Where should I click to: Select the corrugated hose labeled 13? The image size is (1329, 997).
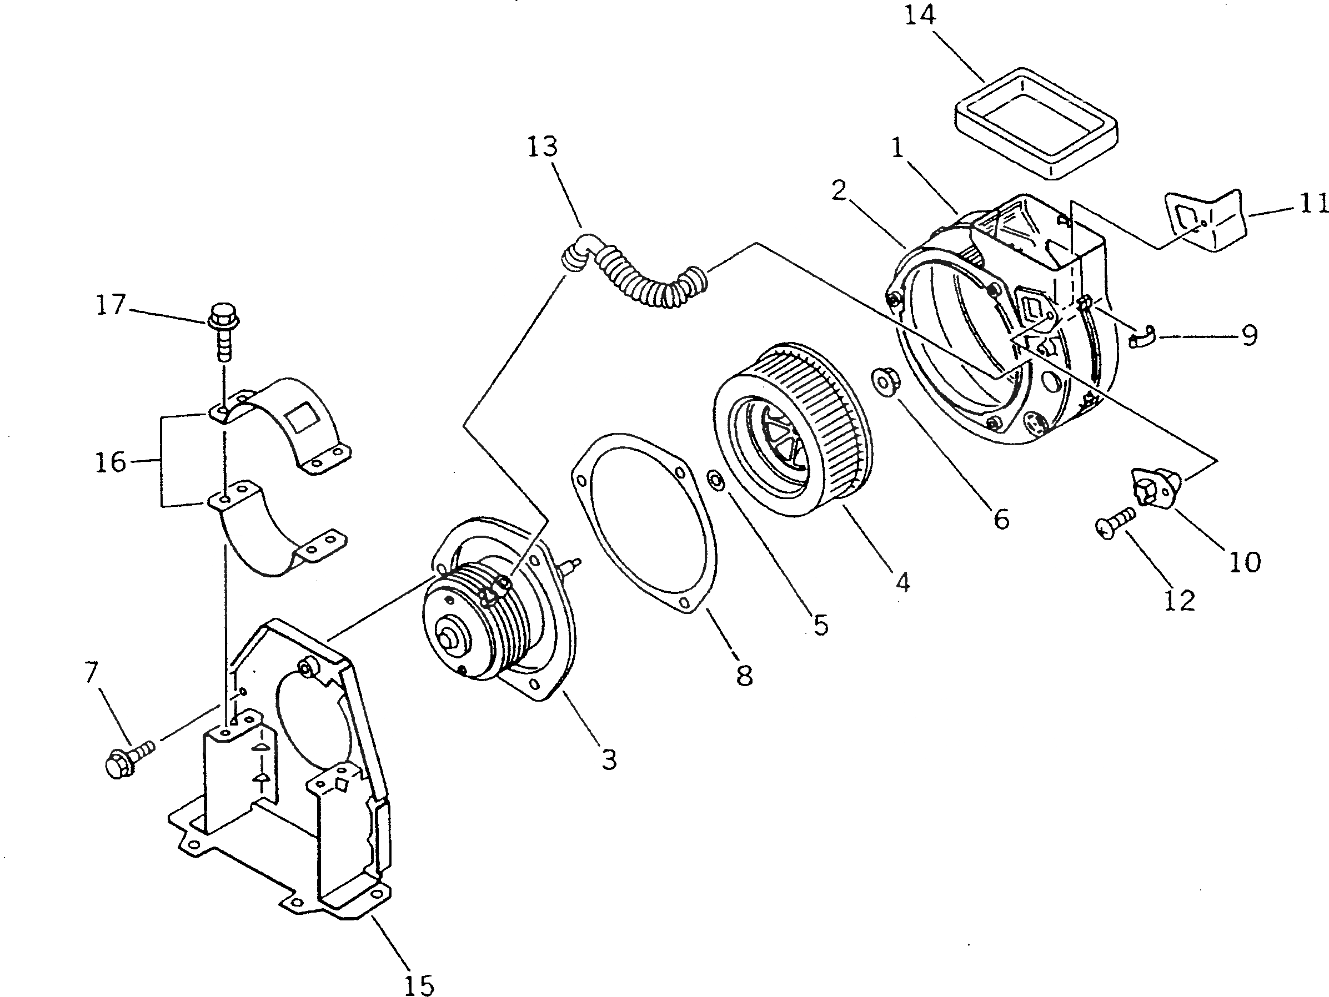[x=637, y=279]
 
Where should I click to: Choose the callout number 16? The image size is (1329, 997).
[x=111, y=462]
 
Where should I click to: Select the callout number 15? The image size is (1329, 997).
[x=419, y=985]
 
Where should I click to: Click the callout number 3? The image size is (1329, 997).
[x=609, y=760]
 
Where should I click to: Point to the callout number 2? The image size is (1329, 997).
[x=839, y=191]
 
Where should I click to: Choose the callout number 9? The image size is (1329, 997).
[x=1250, y=335]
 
